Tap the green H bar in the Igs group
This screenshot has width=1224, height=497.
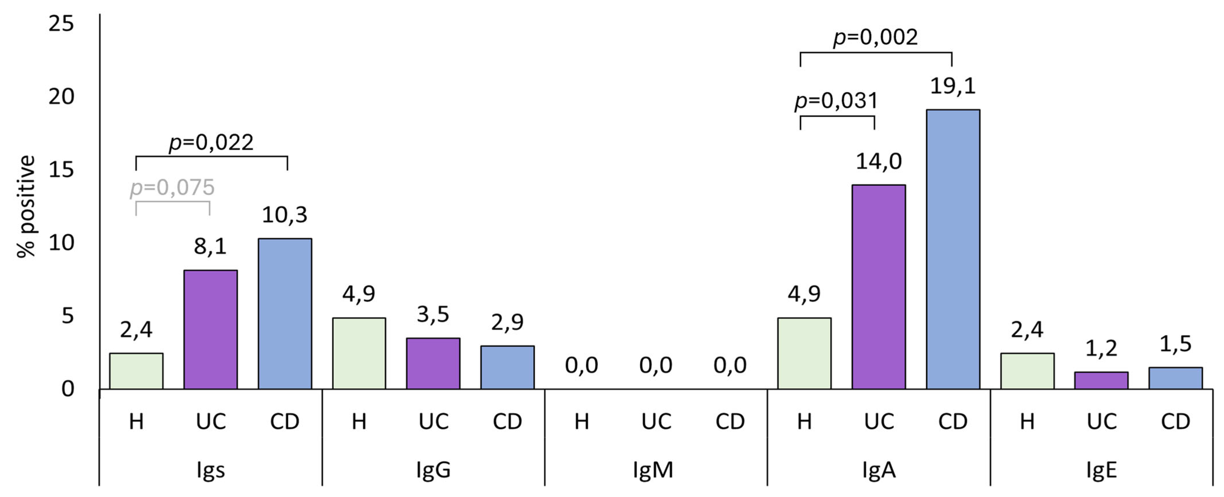click(137, 371)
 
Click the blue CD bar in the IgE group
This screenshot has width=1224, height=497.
click(1176, 378)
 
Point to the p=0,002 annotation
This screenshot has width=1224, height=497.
click(876, 37)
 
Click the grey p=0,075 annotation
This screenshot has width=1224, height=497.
click(173, 187)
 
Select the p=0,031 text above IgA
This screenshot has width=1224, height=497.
click(837, 101)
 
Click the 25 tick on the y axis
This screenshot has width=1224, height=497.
click(61, 23)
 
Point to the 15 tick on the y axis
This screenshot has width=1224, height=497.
click(61, 170)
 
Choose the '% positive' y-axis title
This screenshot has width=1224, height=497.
click(26, 207)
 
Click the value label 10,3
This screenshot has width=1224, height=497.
click(285, 215)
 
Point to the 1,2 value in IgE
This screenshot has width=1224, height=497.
click(1101, 349)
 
